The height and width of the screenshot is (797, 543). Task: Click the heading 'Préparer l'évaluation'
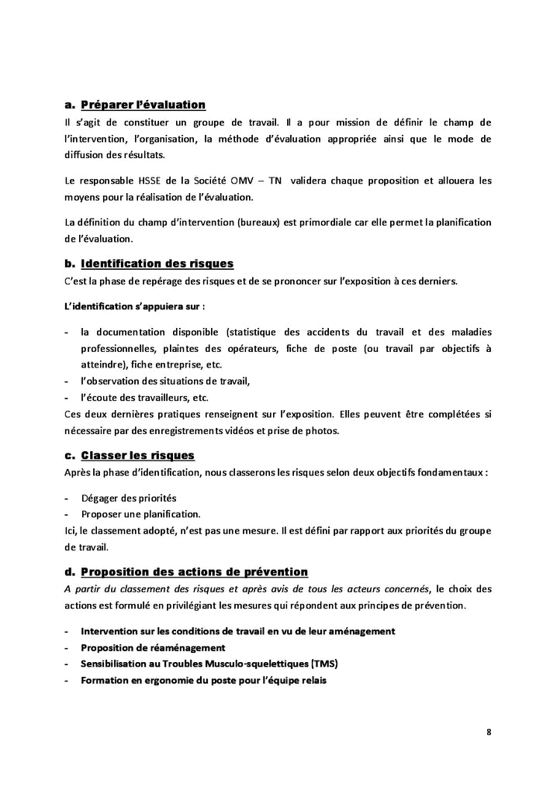pyautogui.click(x=143, y=105)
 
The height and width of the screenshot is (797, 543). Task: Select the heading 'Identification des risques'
pyautogui.click(x=157, y=264)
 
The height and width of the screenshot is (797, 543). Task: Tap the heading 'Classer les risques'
pyautogui.click(x=137, y=454)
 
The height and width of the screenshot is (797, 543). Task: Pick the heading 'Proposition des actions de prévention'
pyautogui.click(x=194, y=572)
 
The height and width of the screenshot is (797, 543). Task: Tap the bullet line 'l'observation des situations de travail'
pyautogui.click(x=165, y=381)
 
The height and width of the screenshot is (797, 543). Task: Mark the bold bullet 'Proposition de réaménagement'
pyautogui.click(x=153, y=647)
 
